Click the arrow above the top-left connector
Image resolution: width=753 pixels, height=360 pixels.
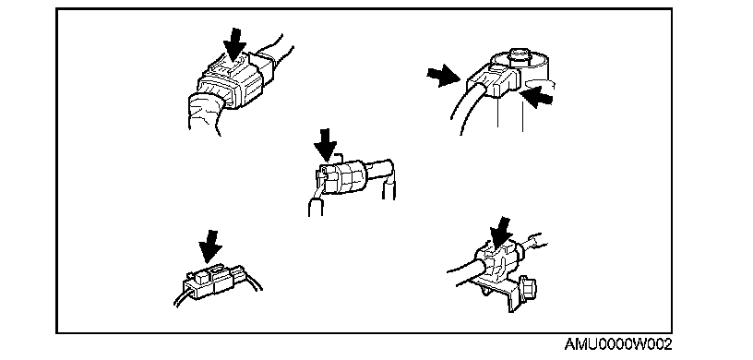click(234, 44)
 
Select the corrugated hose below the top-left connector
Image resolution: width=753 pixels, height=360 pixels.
click(205, 114)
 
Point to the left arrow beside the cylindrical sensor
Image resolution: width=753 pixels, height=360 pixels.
click(443, 77)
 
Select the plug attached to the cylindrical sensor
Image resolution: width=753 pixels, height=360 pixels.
click(493, 79)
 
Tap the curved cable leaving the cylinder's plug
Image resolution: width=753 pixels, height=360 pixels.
click(466, 108)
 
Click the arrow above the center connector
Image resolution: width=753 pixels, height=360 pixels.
click(328, 145)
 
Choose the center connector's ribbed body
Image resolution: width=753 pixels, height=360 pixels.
click(342, 177)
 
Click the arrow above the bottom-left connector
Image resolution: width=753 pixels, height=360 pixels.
click(210, 247)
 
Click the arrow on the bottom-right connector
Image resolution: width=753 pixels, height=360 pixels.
click(501, 234)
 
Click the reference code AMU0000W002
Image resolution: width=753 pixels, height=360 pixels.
click(617, 344)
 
